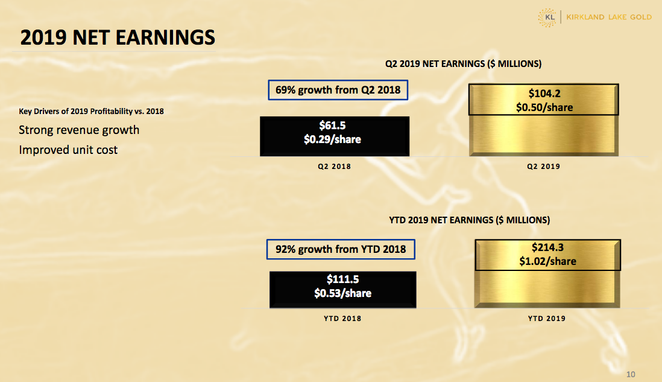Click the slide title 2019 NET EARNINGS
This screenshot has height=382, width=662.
118,37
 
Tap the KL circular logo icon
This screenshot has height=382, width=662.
547,18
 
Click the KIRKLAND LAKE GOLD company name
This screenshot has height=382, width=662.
609,18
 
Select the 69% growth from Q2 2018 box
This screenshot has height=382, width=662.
338,90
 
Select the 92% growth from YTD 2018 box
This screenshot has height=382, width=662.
341,249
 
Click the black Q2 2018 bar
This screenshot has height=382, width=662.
335,136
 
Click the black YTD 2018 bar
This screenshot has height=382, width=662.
343,290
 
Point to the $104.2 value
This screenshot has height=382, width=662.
544,94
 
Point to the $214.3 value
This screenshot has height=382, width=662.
547,247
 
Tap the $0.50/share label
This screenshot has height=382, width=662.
544,107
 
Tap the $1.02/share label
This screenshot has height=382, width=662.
547,261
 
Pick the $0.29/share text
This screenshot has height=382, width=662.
332,139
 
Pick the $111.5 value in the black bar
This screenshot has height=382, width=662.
343,279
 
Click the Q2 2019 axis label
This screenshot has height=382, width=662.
543,167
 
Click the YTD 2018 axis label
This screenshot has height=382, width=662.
342,319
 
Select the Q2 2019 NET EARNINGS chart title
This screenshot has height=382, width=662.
463,64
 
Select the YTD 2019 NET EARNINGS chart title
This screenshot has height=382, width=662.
469,220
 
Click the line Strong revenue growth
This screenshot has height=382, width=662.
79,130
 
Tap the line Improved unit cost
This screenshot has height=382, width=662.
68,150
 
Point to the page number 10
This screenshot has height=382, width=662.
631,374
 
